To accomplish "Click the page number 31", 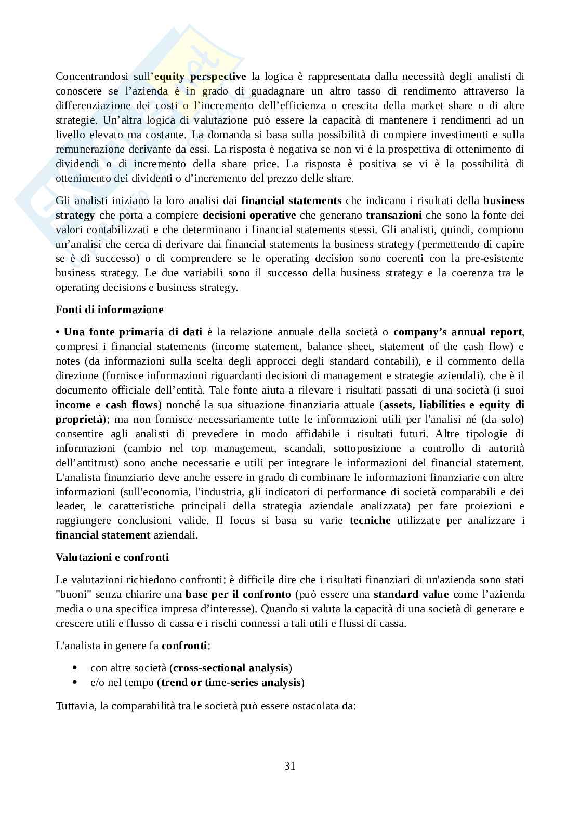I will (x=290, y=766).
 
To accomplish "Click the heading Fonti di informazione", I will (x=109, y=310).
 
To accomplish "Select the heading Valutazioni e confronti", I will (x=112, y=557).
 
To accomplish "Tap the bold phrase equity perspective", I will (x=200, y=76).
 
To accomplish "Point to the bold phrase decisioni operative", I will (x=249, y=215).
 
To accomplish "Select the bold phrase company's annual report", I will (x=457, y=332).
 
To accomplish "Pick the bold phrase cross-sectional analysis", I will (x=230, y=668).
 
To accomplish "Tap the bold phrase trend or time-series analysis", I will (x=231, y=682).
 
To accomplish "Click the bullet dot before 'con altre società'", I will (x=75, y=668).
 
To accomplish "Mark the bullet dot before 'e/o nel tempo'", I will (x=75, y=682).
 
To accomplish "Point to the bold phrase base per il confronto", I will (x=238, y=594).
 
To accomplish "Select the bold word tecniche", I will (x=370, y=520).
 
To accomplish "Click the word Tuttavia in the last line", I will (x=74, y=706).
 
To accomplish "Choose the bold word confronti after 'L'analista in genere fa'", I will (x=184, y=646).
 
